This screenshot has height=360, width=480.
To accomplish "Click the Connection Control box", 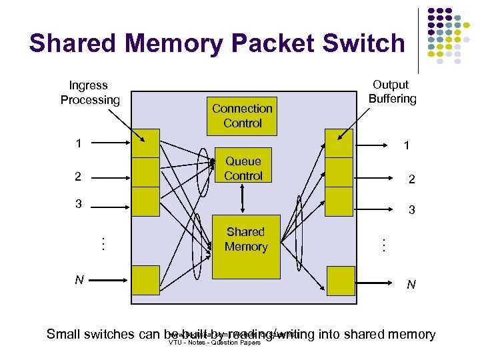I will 242,115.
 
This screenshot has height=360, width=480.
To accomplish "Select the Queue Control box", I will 243,168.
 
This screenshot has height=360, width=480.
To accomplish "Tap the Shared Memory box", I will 245,239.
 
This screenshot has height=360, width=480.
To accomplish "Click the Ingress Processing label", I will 89,93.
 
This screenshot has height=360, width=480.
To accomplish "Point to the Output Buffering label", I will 391,92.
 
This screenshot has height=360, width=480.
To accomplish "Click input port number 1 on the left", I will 79,143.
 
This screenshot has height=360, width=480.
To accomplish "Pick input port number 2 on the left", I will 79,177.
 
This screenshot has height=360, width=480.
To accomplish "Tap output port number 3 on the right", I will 411,210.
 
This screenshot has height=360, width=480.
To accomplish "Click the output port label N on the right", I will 411,285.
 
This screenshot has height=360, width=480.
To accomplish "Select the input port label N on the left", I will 79,280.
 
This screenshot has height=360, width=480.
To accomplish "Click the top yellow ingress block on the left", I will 146,142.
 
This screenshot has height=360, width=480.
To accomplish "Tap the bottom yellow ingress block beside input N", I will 146,279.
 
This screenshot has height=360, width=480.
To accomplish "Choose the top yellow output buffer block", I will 338,142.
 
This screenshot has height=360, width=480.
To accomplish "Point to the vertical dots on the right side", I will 383,244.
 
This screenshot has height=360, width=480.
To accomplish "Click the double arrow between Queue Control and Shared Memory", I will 243,199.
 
